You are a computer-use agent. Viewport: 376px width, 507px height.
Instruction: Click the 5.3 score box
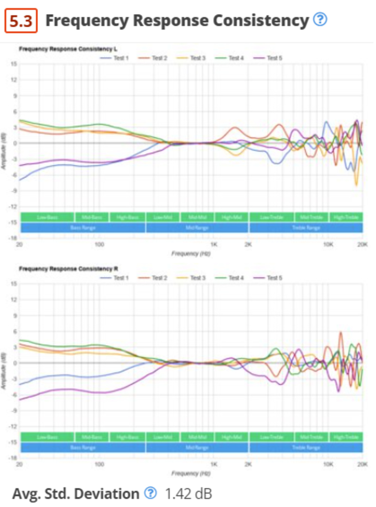[21, 21]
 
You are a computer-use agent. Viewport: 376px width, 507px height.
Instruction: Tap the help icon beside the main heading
[320, 19]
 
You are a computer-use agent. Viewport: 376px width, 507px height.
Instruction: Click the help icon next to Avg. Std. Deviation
[150, 493]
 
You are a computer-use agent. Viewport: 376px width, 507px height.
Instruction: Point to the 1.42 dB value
[188, 493]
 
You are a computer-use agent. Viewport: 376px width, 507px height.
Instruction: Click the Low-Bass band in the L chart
[47, 217]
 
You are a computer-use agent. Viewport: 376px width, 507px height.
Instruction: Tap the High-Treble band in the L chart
[346, 217]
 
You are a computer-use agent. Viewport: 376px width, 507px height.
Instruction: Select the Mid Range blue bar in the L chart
[197, 228]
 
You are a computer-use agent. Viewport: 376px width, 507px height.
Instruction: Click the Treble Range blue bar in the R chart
[306, 448]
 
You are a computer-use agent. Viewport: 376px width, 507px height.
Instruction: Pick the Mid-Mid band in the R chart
[197, 437]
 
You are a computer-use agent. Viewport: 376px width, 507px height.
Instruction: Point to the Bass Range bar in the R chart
[83, 448]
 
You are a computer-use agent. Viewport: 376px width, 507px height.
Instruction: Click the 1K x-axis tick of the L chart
[214, 244]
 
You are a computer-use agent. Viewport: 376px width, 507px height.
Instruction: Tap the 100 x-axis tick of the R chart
[99, 464]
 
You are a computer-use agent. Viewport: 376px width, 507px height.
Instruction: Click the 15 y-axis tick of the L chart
[14, 64]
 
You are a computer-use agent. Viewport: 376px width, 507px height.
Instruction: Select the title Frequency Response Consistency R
[68, 269]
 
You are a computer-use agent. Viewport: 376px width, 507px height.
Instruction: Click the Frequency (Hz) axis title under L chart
[191, 254]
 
